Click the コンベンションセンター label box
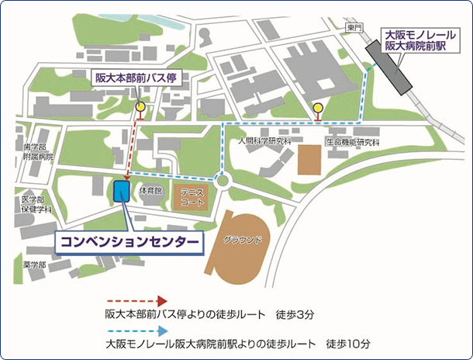click(128, 242)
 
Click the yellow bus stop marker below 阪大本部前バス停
click(140, 107)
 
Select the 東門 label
click(354, 28)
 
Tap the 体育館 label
click(150, 190)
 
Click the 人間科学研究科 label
click(264, 142)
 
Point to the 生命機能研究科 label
click(352, 143)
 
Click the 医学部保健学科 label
click(36, 205)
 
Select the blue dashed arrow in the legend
click(135, 329)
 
